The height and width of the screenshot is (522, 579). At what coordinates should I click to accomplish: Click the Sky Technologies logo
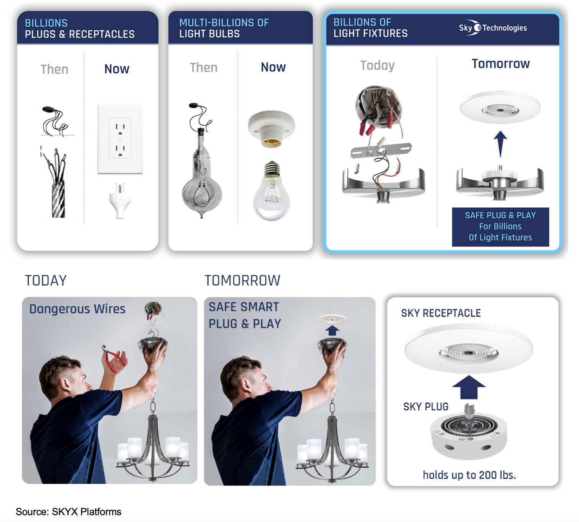[x=493, y=28]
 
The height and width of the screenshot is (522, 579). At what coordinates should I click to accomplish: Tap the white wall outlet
[x=120, y=139]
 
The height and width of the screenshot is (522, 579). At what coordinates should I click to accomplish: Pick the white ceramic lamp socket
[x=271, y=129]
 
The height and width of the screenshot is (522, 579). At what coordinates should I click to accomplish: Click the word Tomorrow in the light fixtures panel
[x=501, y=64]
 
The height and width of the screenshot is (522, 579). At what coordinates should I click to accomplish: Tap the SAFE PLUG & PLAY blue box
[x=500, y=227]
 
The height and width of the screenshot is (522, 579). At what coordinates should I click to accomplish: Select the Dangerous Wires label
[x=77, y=309]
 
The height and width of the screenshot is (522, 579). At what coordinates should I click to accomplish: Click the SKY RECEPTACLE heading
[x=441, y=313]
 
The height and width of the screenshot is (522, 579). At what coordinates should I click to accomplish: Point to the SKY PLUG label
[x=425, y=407]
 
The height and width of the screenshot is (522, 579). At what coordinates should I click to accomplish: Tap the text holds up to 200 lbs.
[x=469, y=475]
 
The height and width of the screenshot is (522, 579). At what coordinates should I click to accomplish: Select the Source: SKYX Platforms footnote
[x=69, y=512]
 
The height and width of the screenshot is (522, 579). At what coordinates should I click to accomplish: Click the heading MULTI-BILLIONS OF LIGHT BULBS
[x=224, y=28]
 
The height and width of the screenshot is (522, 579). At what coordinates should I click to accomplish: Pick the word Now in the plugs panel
[x=117, y=69]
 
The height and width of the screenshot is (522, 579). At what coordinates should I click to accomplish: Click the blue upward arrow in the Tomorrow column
[x=500, y=144]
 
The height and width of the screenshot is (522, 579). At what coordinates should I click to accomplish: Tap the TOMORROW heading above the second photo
[x=242, y=281]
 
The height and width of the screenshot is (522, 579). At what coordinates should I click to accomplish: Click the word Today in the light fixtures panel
[x=377, y=65]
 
